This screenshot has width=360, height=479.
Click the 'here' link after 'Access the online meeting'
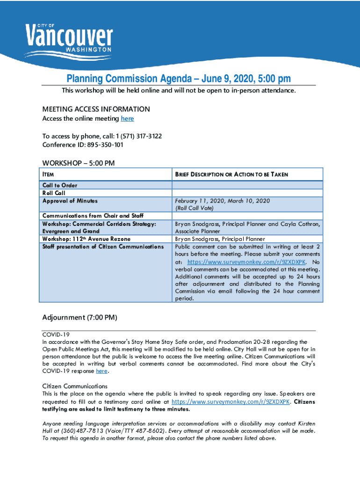tap(127, 119)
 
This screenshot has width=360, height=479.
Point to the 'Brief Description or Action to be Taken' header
tap(231, 174)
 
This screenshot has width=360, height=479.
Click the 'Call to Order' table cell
tap(60, 185)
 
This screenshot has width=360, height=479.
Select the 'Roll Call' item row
tap(54, 193)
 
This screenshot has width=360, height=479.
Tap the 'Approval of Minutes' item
tap(70, 201)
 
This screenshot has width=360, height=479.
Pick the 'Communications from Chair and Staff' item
tap(93, 216)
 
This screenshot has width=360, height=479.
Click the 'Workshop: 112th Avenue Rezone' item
tap(86, 239)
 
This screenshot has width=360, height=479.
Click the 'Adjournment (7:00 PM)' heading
tap(79, 318)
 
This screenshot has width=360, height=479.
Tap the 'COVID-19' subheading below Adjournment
tap(56, 335)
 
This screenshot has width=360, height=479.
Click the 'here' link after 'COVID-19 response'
tap(101, 371)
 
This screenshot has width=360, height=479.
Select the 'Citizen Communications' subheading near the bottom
tap(75, 386)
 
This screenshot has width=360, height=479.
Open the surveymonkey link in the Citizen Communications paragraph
tap(231, 402)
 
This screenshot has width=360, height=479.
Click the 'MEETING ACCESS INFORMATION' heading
tap(96, 109)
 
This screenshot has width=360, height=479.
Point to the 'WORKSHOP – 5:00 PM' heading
tap(79, 163)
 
